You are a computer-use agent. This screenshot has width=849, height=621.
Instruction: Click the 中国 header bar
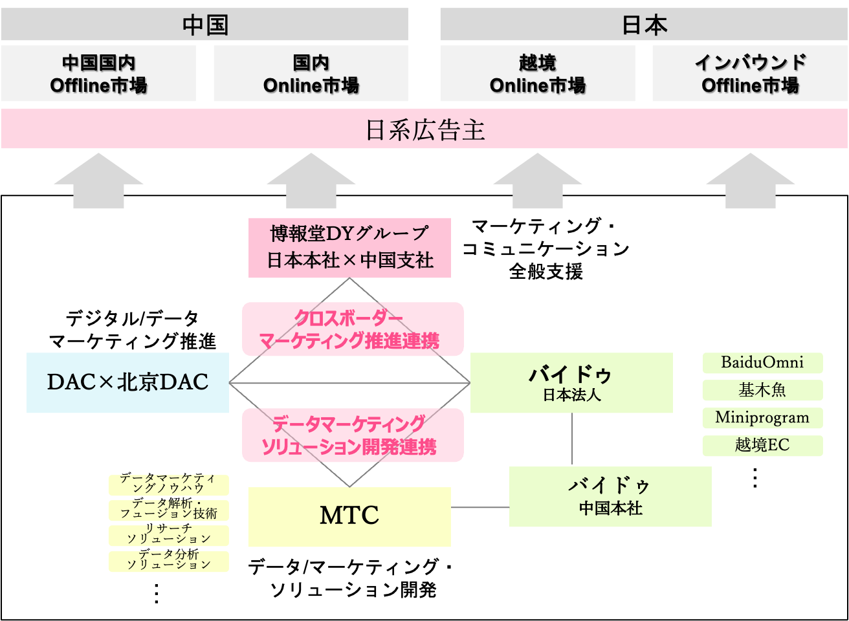point(204,25)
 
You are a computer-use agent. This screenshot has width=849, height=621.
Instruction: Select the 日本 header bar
point(643,25)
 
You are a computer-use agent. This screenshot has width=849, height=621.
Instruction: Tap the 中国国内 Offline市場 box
point(98,74)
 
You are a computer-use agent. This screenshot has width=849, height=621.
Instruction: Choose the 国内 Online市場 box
point(311,74)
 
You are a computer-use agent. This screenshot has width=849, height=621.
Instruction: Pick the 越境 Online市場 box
point(537,74)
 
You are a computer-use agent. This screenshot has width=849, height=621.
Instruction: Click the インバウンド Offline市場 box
point(749,74)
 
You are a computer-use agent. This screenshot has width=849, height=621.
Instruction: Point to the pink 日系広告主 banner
point(424,129)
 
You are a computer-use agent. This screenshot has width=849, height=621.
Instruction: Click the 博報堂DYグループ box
point(349,247)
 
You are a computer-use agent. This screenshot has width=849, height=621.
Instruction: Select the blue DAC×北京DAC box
point(127,382)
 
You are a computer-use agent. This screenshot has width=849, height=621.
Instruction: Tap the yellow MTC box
point(349,516)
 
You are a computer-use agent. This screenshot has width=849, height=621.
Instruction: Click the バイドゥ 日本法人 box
point(571,382)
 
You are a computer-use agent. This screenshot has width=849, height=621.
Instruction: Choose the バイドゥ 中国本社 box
point(610,496)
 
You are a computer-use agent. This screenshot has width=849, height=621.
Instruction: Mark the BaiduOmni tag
point(762,362)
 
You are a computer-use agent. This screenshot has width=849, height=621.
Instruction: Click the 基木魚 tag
point(762,390)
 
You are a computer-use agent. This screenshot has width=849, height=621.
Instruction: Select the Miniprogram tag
point(762,418)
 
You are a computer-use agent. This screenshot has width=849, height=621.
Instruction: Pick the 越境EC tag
point(762,445)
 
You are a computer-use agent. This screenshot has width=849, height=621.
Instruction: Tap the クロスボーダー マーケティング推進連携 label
point(353,329)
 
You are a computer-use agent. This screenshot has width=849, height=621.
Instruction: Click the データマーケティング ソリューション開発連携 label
point(353,435)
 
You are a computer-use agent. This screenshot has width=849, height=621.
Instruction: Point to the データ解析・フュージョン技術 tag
point(168,509)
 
